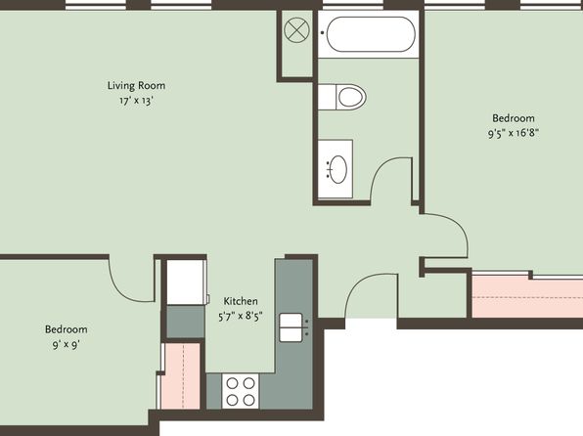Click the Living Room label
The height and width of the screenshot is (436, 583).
136,85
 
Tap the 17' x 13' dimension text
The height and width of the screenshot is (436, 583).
136,101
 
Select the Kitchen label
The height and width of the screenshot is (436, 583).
241,301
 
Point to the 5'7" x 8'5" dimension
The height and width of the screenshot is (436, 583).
241,317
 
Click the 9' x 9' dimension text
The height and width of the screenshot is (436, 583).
67,345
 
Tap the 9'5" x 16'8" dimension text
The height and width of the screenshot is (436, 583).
514,133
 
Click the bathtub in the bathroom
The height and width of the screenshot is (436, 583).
371,34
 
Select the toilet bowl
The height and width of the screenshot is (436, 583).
351,97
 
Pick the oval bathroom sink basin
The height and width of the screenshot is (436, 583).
338,169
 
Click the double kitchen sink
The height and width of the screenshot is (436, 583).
291,327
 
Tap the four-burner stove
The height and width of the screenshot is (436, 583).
241,391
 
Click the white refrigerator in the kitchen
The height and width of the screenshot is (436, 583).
186,283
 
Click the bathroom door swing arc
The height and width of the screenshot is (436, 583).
383,167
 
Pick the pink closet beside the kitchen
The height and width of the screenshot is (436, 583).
182,376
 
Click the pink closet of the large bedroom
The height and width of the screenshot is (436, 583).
527,297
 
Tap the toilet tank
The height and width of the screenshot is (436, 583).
327,97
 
